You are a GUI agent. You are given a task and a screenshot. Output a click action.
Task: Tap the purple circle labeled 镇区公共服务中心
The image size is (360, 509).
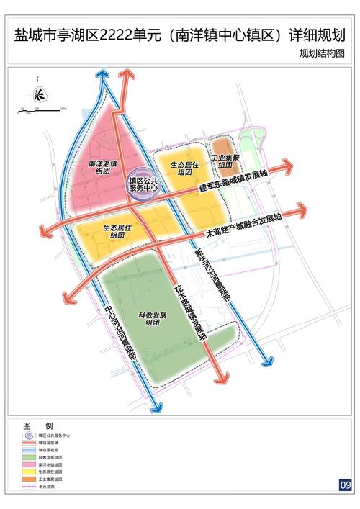[x=143, y=183]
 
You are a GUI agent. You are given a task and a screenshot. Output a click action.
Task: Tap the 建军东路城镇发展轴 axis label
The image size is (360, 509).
[x=230, y=188]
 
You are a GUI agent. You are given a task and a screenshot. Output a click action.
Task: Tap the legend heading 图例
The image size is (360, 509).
[x=34, y=426]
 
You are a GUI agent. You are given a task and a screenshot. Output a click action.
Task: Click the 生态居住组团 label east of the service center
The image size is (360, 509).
[x=185, y=168]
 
